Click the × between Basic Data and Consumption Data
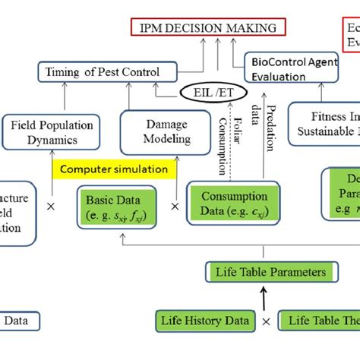(x=175, y=206)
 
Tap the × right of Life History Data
(x=267, y=321)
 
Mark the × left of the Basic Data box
(x=51, y=206)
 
